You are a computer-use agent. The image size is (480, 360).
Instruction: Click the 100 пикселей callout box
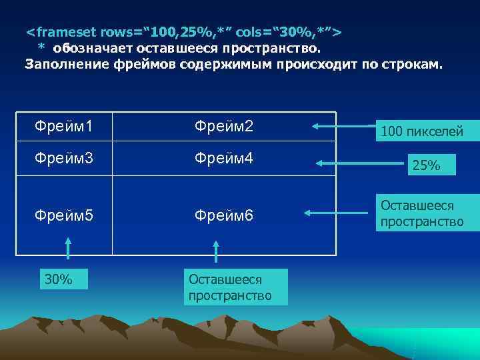tap(421, 131)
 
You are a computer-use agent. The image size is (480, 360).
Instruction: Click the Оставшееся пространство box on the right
tap(421, 213)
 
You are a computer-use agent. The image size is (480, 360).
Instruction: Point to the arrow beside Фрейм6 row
tap(337, 213)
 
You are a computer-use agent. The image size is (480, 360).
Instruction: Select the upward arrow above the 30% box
tap(67, 253)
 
